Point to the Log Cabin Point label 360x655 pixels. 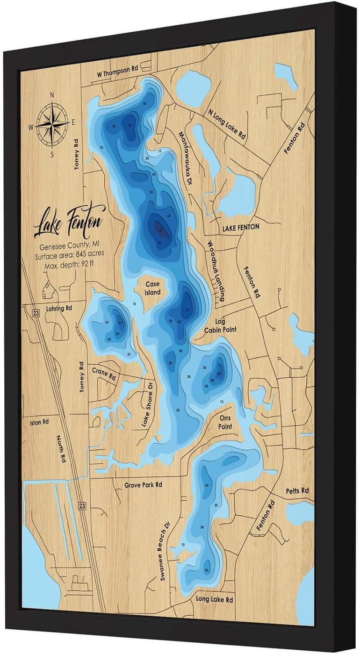[221, 325]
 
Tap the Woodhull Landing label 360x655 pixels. [216, 271]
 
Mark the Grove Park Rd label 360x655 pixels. [143, 485]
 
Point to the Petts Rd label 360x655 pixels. [297, 491]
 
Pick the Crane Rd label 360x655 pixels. [104, 373]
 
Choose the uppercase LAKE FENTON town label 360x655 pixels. [240, 227]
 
